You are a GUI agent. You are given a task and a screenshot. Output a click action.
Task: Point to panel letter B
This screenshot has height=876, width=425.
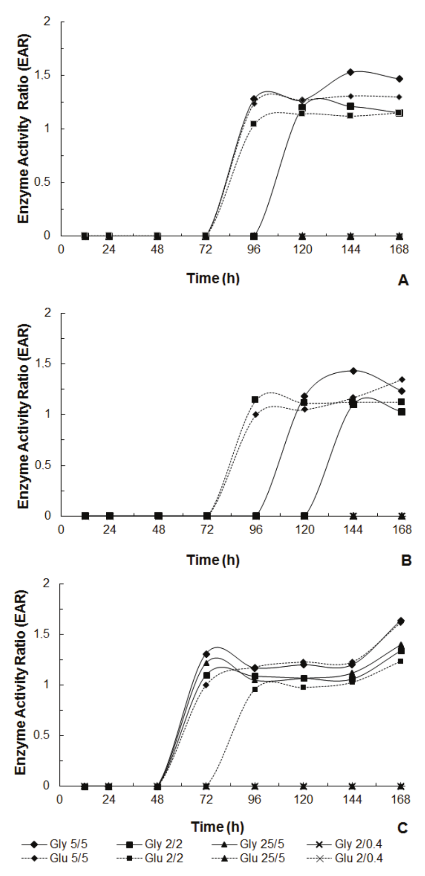(406, 560)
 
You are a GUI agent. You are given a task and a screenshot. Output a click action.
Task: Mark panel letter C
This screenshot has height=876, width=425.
(403, 827)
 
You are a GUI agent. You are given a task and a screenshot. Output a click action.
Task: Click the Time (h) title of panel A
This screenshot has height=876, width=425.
(213, 278)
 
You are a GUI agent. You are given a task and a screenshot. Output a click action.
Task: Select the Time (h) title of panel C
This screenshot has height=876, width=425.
(217, 826)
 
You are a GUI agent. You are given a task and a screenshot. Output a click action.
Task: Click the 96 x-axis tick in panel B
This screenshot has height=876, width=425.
(255, 529)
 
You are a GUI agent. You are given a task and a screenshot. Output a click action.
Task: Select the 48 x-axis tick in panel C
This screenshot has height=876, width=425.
(157, 799)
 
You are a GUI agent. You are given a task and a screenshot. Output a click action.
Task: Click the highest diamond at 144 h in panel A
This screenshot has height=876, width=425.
(350, 72)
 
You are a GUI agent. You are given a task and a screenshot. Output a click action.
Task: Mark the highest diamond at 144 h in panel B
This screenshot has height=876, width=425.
(353, 370)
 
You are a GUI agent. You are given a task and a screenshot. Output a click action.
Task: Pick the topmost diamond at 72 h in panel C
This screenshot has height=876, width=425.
(206, 654)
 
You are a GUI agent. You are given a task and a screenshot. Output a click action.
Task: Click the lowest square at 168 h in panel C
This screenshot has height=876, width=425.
(400, 661)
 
